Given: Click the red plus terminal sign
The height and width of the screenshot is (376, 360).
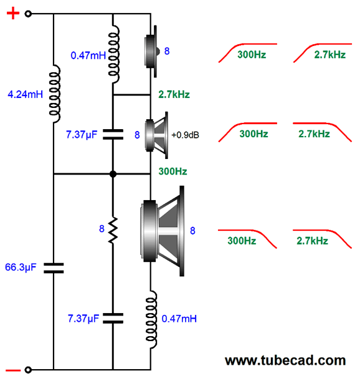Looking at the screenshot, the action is point(13,13).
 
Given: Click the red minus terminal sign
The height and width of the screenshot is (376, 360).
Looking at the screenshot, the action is point(13,370).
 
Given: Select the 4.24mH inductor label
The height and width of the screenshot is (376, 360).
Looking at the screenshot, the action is point(25,94).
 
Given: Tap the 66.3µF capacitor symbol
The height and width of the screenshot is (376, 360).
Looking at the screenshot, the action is point(54,268).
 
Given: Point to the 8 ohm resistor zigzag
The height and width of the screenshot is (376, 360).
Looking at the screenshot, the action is point(113,230).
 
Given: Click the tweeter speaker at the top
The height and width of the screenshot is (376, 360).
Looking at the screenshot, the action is point(151,51).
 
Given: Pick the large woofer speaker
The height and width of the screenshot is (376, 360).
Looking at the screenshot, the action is point(163,231).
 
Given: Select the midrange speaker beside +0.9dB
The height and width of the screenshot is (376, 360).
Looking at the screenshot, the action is point(157,135).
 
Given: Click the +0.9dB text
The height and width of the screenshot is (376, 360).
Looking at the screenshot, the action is point(185,135).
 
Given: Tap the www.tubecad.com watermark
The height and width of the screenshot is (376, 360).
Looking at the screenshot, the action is point(285,360).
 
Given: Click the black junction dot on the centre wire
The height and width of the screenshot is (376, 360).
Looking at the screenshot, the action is point(113,174).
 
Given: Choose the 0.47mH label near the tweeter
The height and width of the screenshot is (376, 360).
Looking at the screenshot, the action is point(88,55).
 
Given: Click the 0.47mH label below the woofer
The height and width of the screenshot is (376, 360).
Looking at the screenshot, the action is point(179,319).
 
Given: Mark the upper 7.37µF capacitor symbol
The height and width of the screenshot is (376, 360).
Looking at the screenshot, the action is point(113,134).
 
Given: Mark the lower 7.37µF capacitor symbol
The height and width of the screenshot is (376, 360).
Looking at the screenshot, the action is point(113,318).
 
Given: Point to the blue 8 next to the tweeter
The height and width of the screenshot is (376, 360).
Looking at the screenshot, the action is point(167,51).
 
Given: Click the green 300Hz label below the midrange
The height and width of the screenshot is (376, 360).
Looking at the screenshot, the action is point(173,171).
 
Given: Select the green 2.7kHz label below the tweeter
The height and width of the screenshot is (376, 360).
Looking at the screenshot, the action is point(174,95).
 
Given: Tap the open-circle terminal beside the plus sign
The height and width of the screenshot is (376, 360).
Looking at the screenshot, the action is point(28,14).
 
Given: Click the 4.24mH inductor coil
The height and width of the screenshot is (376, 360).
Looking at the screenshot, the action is point(55,94).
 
